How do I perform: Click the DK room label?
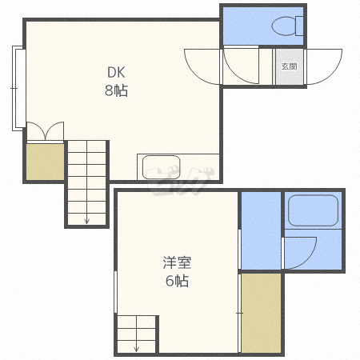point(116,72)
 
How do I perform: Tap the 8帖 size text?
point(116,90)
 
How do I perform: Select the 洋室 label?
point(177,262)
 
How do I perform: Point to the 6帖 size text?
point(177,281)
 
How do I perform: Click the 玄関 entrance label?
point(290,66)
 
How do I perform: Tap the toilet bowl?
point(284,26)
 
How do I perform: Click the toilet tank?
point(299,26)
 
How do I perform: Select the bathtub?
point(314,210)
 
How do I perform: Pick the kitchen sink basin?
point(162,167)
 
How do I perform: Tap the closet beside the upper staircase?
point(45,162)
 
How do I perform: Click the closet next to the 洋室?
point(262,313)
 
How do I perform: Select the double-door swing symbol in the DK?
point(46,131)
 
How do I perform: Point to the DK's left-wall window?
point(18,88)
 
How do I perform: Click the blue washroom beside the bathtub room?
point(261,230)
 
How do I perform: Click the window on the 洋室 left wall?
point(116,292)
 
